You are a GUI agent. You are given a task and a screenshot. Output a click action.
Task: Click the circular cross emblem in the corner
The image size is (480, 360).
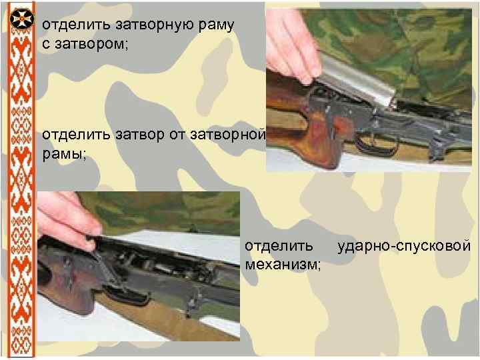(x=22, y=19)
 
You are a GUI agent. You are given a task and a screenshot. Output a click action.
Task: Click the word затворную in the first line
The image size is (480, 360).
(x=155, y=25)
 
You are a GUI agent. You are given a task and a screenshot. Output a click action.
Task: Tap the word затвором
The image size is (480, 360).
(x=91, y=44)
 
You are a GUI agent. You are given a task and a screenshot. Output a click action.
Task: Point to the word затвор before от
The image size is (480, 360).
(x=140, y=135)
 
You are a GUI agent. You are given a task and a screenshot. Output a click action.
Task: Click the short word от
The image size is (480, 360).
(x=177, y=135)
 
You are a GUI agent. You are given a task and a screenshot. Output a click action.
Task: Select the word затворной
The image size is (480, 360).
(x=228, y=135)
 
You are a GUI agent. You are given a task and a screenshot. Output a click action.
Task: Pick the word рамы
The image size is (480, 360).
(x=64, y=155)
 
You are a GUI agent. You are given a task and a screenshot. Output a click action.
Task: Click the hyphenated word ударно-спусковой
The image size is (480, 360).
(x=404, y=246)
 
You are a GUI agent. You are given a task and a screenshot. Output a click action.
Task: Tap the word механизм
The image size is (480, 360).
(x=283, y=265)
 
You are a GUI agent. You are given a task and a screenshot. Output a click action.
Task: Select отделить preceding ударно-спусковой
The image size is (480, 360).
(x=279, y=246)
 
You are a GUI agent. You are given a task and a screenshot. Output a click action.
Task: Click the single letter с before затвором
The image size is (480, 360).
(x=46, y=45)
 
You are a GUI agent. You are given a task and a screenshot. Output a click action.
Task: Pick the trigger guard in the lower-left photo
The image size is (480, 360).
(x=128, y=296)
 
